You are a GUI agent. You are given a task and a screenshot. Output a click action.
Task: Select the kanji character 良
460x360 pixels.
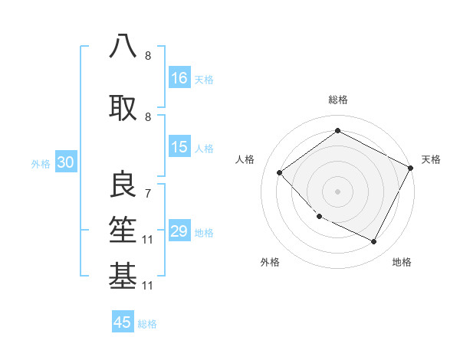click(x=123, y=185)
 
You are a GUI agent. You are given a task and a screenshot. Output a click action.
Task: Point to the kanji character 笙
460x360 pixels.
click(x=123, y=230)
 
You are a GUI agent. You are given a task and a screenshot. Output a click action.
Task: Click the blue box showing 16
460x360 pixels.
click(x=179, y=78)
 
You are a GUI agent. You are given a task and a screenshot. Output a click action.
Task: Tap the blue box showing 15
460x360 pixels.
click(x=179, y=148)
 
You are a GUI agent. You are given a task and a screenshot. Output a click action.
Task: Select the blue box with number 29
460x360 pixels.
click(x=179, y=232)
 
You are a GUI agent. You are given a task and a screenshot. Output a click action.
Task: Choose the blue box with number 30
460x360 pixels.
click(x=66, y=163)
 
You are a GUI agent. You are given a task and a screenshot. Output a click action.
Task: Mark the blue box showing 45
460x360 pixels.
click(x=123, y=322)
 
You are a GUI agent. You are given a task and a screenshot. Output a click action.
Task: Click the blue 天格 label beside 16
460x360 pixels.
click(x=204, y=80)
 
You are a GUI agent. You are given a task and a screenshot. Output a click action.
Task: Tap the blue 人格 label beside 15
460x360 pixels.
click(x=204, y=149)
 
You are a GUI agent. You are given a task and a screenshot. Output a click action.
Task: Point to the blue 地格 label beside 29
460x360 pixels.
click(x=204, y=233)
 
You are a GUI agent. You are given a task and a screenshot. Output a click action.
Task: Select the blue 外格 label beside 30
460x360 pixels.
click(x=41, y=164)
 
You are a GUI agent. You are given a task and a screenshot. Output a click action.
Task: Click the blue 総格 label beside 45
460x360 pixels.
click(x=147, y=324)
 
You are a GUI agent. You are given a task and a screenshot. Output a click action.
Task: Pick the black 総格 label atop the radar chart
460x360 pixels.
click(x=337, y=100)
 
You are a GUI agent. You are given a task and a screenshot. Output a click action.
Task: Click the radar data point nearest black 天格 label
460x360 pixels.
click(x=411, y=169)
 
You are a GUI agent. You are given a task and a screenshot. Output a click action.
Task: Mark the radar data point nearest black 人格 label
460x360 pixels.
click(x=280, y=172)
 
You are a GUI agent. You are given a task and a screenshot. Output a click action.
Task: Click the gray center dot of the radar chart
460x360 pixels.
click(x=337, y=191)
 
